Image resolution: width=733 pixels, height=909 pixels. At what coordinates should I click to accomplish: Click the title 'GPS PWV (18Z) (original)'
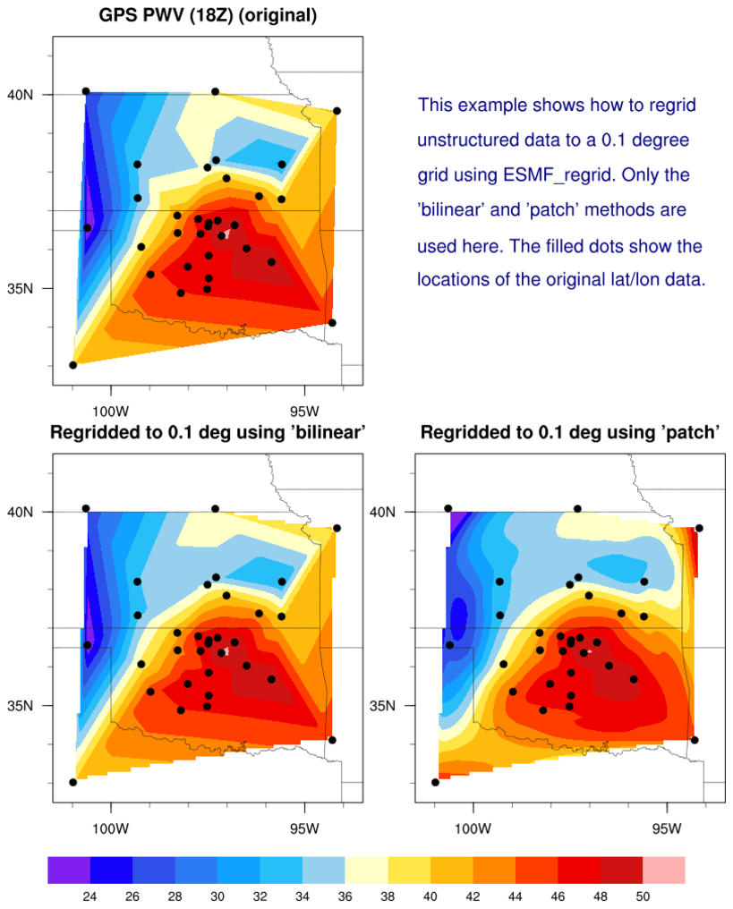click(x=207, y=15)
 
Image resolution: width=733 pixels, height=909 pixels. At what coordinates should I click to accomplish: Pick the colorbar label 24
click(x=89, y=896)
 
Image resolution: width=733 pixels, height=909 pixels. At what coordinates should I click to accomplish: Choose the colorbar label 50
click(x=643, y=896)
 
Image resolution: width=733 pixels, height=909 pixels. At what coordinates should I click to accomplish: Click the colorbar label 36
click(x=345, y=896)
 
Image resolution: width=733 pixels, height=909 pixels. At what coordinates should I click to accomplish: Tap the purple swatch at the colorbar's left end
click(x=69, y=870)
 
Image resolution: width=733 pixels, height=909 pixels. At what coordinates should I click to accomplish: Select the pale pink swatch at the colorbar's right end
click(x=663, y=870)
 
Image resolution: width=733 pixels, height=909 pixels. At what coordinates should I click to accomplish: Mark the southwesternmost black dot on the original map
click(x=73, y=365)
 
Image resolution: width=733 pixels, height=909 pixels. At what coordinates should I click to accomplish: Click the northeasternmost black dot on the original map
click(x=337, y=111)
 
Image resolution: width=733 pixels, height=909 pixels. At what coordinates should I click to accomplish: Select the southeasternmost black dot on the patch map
click(x=695, y=740)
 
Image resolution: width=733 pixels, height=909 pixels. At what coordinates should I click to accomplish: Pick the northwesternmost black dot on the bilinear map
click(x=86, y=508)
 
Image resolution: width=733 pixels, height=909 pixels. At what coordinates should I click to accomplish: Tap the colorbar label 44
click(x=515, y=896)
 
